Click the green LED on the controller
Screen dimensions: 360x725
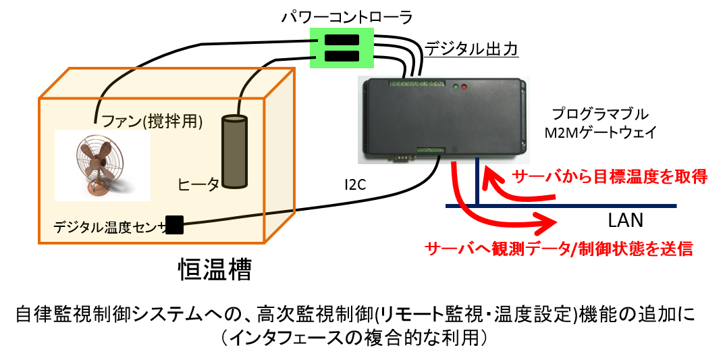click(x=456, y=87)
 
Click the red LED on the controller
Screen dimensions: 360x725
click(x=464, y=87)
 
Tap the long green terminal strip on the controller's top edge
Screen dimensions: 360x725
click(x=417, y=84)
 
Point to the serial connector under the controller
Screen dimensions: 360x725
click(x=401, y=158)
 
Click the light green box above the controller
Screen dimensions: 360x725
click(x=342, y=48)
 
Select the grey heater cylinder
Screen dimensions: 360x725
click(x=234, y=152)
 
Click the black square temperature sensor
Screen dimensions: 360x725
click(x=174, y=225)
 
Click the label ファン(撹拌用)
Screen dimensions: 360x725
click(x=152, y=122)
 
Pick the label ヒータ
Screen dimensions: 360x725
click(x=198, y=184)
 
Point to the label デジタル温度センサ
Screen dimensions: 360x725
click(x=109, y=228)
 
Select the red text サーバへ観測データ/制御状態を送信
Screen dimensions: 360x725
click(x=559, y=249)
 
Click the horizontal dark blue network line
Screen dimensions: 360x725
click(x=574, y=206)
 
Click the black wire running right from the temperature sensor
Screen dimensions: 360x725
click(x=236, y=219)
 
